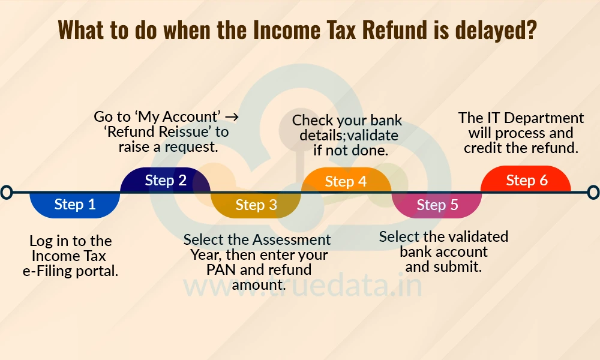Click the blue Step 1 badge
point(75,205)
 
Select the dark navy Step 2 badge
point(166,180)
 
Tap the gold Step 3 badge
point(256,205)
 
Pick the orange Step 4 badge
point(346,181)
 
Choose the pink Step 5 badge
point(437,205)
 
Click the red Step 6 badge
point(527,181)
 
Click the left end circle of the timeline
point(7,192)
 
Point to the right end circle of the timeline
point(593,192)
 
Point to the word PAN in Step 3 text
point(221,270)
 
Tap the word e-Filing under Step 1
point(47,271)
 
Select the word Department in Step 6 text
point(536,118)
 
